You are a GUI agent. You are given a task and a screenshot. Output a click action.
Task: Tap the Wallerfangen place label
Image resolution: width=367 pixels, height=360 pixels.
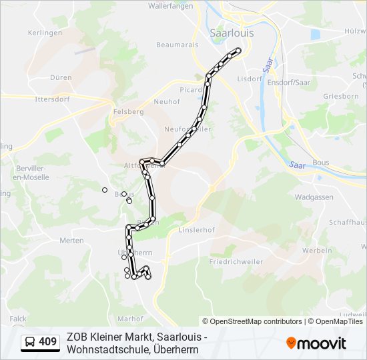pos(170,5)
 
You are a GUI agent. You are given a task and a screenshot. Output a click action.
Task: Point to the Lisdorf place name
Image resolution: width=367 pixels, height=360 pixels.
pos(249,79)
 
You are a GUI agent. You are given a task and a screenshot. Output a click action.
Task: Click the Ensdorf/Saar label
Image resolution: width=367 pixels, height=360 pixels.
pos(289,83)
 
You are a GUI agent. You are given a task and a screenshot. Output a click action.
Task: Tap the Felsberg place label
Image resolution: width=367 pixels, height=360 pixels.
pos(129,112)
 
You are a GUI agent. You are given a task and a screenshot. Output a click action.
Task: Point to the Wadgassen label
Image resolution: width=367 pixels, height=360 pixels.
pos(314,198)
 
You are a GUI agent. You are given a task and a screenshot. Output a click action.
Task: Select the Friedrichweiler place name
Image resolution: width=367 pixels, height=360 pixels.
pos(236,261)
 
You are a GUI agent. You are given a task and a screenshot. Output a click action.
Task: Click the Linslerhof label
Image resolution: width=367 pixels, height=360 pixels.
pos(195,231)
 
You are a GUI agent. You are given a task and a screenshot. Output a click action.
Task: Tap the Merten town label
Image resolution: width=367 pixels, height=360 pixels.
pos(71,240)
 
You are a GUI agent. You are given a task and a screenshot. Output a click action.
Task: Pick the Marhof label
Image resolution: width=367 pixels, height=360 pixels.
pos(130,319)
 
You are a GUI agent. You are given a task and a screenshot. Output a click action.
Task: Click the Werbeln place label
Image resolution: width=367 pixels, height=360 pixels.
pos(317,251)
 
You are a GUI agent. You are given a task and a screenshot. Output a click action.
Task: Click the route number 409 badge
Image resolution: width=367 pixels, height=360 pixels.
pos(41,342)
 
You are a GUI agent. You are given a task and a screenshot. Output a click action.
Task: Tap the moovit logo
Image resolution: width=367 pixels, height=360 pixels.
pos(316,343)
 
